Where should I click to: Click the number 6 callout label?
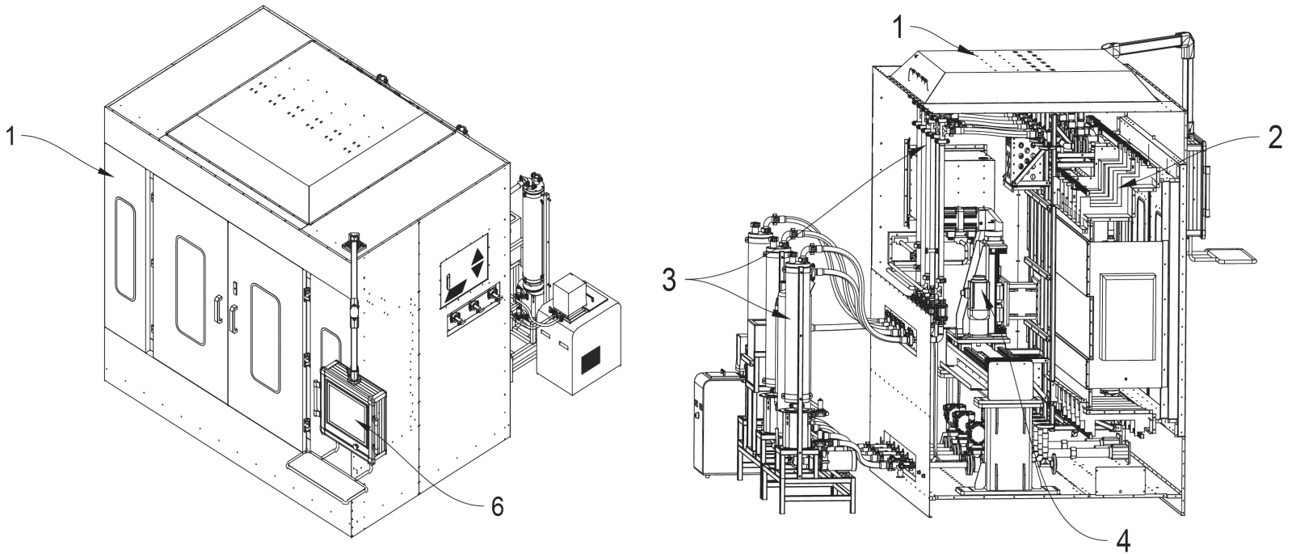point(498,506)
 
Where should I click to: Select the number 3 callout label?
point(668,282)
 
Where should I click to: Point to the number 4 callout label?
point(1122,540)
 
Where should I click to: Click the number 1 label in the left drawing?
point(11,138)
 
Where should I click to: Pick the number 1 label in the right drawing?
point(898,27)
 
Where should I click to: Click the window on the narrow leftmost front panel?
point(125,249)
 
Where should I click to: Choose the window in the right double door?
point(265,337)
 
